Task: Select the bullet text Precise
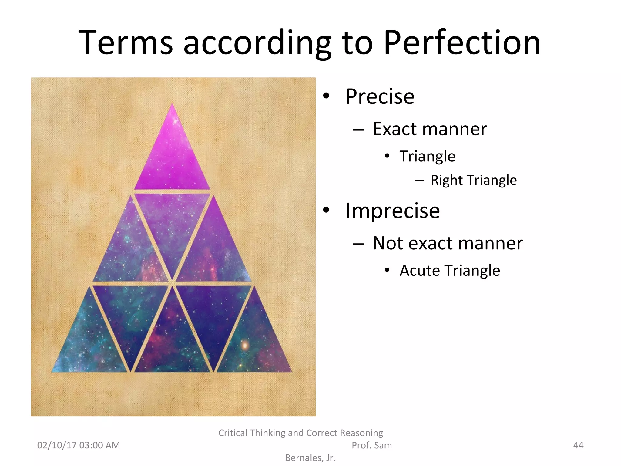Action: [x=380, y=96]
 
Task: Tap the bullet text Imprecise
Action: [x=393, y=211]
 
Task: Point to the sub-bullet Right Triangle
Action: [x=474, y=180]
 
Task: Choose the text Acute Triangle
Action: [x=450, y=270]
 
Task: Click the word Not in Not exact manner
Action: [x=387, y=243]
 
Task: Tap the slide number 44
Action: [x=578, y=445]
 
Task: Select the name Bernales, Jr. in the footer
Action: [x=310, y=458]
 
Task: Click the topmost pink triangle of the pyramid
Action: [x=172, y=158]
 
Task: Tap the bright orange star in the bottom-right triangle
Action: [x=245, y=345]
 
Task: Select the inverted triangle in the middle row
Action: [x=172, y=225]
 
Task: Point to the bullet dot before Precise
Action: [x=326, y=96]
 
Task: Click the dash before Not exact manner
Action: [x=358, y=244]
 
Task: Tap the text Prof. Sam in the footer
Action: [x=371, y=445]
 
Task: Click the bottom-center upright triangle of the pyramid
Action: [x=172, y=343]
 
